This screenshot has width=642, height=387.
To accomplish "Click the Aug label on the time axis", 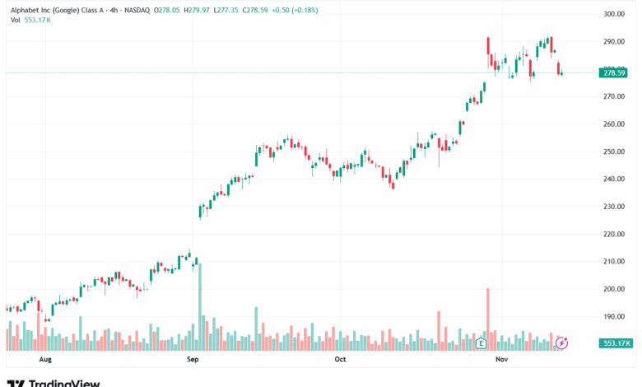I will (x=45, y=360).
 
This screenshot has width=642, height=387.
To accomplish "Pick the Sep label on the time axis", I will (x=193, y=360).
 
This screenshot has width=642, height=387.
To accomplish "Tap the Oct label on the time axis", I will (x=340, y=360).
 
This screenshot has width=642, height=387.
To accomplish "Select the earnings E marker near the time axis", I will (x=481, y=343).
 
